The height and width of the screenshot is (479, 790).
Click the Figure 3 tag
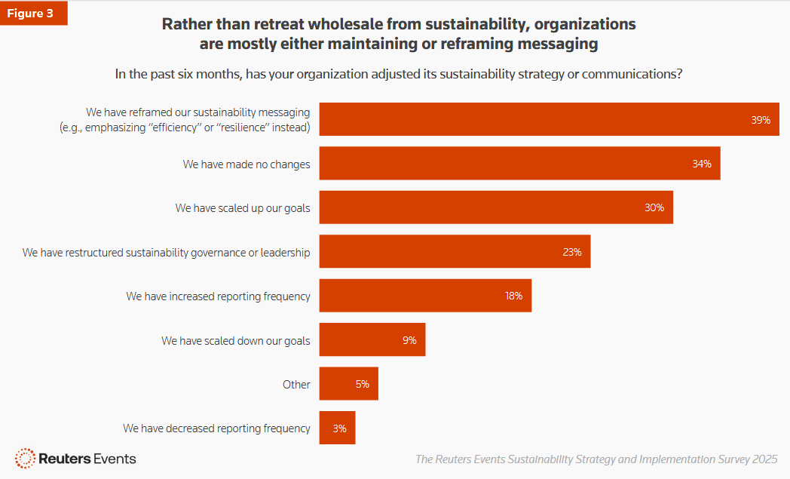[x=33, y=14]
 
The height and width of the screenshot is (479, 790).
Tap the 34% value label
[x=702, y=164]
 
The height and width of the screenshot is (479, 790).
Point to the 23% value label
[x=572, y=252]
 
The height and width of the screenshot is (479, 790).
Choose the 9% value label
[x=409, y=340]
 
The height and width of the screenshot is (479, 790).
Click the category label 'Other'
[x=296, y=385]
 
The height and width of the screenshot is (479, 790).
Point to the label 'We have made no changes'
[x=246, y=164]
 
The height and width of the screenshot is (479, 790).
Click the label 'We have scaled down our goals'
[x=235, y=341]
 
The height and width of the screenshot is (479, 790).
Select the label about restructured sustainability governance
[x=166, y=252]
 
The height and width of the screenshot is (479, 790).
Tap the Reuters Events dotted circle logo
[x=25, y=458]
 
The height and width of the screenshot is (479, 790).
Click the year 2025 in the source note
[x=764, y=459]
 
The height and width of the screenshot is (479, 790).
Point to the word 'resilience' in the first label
[x=246, y=127]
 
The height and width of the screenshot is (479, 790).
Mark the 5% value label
[x=363, y=384]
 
